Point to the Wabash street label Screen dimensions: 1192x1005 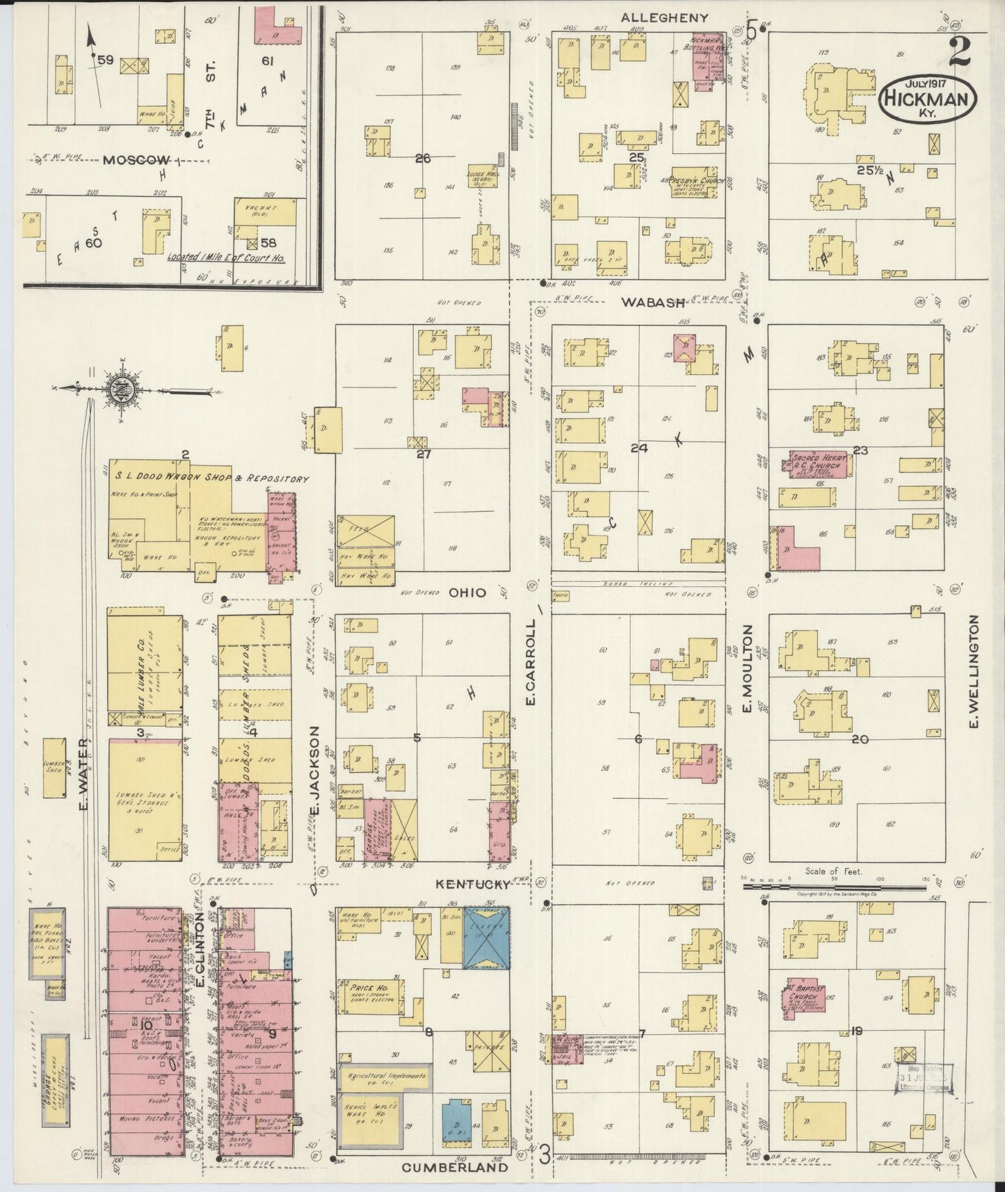pyautogui.click(x=653, y=302)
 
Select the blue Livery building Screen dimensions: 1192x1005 pyautogui.click(x=487, y=938)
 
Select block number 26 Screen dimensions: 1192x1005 pyautogui.click(x=422, y=159)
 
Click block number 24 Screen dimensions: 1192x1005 pyautogui.click(x=638, y=449)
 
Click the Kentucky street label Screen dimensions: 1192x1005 pyautogui.click(x=473, y=884)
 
